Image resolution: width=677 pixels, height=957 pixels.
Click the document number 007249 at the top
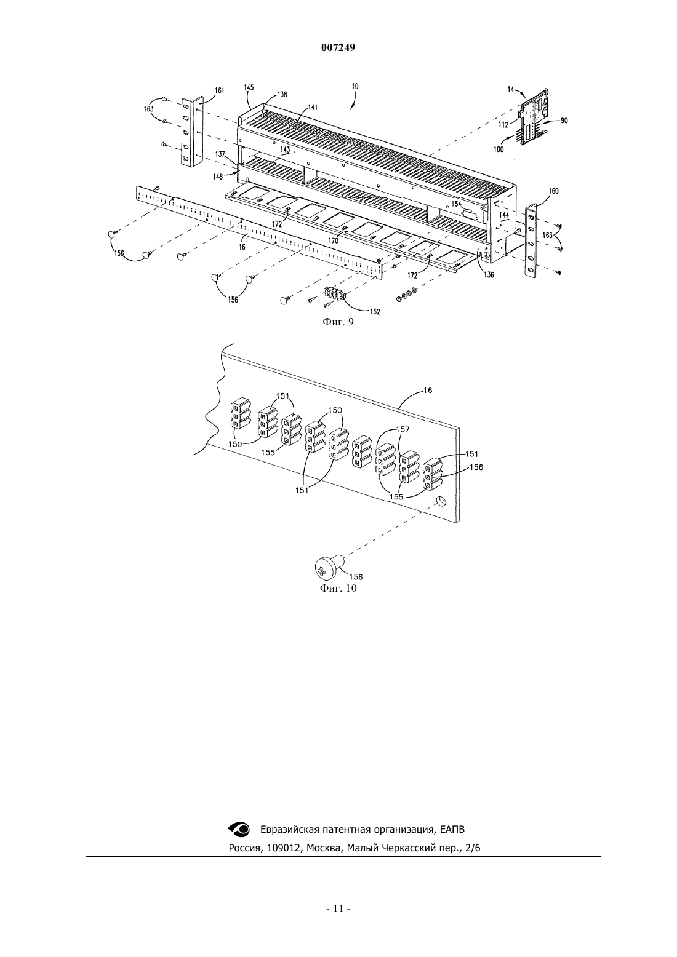(338, 48)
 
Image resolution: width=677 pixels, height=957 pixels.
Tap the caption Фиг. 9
(338, 322)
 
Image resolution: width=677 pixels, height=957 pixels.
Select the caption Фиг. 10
(338, 589)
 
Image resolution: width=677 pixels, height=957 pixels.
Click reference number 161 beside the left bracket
(219, 90)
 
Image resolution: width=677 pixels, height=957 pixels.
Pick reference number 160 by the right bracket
(553, 191)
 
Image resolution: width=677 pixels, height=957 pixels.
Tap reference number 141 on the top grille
(313, 108)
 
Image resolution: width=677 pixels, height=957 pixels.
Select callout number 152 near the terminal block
(375, 312)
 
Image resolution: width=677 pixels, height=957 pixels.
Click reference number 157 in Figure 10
(403, 429)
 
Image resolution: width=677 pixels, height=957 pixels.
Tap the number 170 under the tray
(333, 241)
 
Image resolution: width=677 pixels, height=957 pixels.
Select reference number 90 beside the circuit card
(564, 121)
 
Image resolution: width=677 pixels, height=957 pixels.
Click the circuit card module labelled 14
(533, 118)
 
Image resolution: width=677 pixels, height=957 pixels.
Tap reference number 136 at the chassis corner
(489, 275)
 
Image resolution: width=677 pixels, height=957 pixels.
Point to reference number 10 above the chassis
(355, 86)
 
